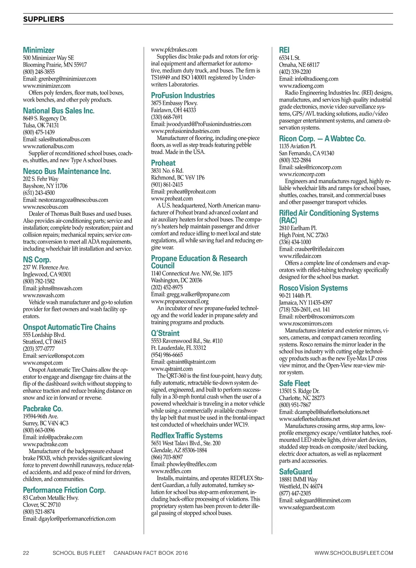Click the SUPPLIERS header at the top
[x=44, y=19]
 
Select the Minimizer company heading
[x=38, y=50]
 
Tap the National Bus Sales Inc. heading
[x=59, y=111]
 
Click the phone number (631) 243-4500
[x=39, y=193]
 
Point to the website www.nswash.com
[x=44, y=295]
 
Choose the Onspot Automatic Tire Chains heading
[x=69, y=327]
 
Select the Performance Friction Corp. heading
[x=64, y=490]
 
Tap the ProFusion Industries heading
[x=183, y=95]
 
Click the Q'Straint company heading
[x=165, y=333]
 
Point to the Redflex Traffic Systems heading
[x=187, y=436]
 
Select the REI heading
[x=284, y=50]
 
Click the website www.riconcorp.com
[x=302, y=174]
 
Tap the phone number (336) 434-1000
[x=295, y=242]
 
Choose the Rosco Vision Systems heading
[x=313, y=288]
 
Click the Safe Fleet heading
[x=294, y=383]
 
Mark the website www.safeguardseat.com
[x=307, y=507]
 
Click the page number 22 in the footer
[x=26, y=553]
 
